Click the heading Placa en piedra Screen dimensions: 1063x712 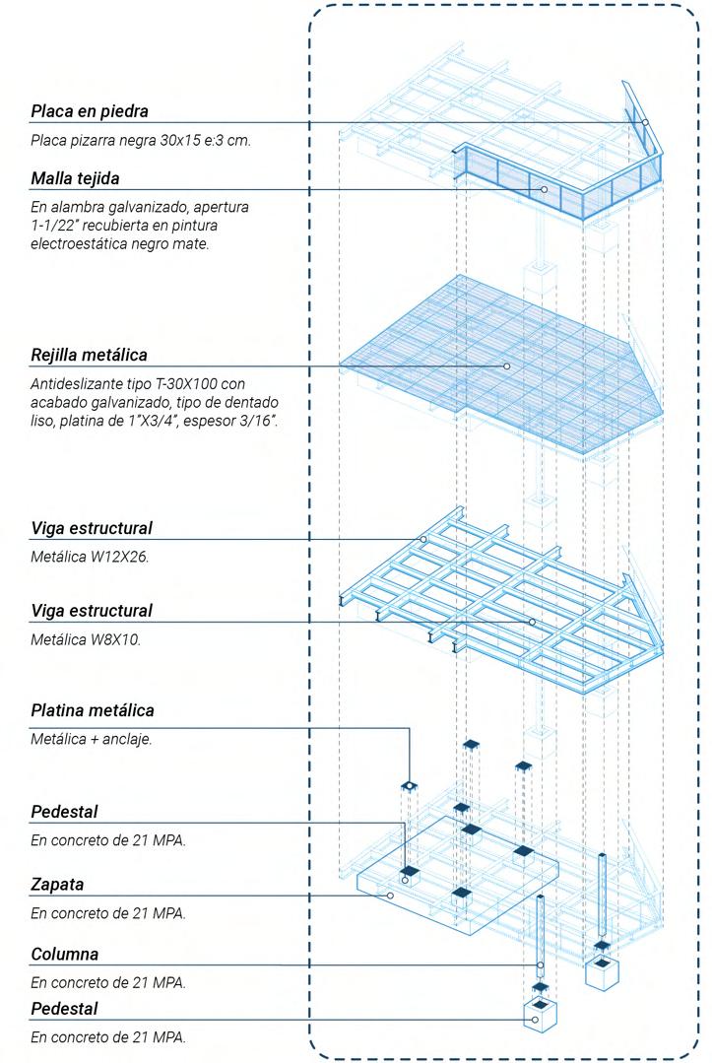tap(90, 110)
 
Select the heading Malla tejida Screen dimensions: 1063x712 tap(82, 178)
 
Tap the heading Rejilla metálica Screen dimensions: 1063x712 tap(90, 354)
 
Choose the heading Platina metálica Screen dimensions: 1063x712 tap(93, 709)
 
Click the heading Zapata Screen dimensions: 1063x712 tap(56, 884)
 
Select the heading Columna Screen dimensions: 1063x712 tap(65, 954)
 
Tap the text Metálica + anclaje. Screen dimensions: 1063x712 tap(92, 739)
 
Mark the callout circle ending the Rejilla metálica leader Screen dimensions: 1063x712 tap(507, 365)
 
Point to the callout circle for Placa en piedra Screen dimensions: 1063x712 tap(646, 123)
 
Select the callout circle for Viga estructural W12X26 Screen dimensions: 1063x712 tap(423, 539)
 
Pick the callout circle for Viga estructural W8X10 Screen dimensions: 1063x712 tap(531, 622)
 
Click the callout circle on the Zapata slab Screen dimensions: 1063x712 tap(391, 896)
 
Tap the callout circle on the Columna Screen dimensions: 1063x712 tap(540, 965)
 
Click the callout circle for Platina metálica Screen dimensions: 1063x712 tap(408, 787)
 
